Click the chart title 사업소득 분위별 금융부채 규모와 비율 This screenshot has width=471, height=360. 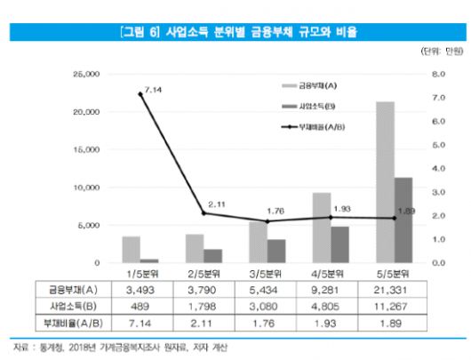click(235, 33)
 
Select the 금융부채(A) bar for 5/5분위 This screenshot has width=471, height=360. click(386, 182)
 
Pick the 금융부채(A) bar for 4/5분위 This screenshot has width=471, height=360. click(322, 228)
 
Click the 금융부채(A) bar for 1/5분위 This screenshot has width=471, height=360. click(131, 250)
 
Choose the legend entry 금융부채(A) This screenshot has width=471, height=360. click(323, 85)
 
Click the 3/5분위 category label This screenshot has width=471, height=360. click(267, 274)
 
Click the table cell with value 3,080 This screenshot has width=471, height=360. click(267, 304)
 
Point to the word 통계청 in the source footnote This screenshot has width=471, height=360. click(46, 346)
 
